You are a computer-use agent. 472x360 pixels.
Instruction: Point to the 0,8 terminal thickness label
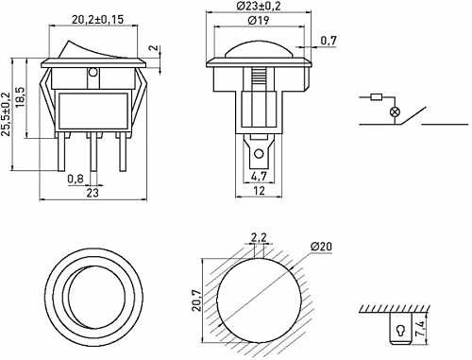point(76,178)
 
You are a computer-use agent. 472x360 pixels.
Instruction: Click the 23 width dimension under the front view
point(92,193)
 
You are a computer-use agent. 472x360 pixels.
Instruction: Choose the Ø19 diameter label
point(258,21)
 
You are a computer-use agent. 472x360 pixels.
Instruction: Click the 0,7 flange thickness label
point(329,41)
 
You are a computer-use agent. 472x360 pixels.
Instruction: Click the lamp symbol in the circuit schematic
point(396,111)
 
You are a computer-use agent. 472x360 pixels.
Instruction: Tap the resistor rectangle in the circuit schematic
point(378,96)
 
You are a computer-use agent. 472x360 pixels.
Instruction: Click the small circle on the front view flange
point(92,72)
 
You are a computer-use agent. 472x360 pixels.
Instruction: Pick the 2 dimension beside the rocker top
point(154,49)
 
